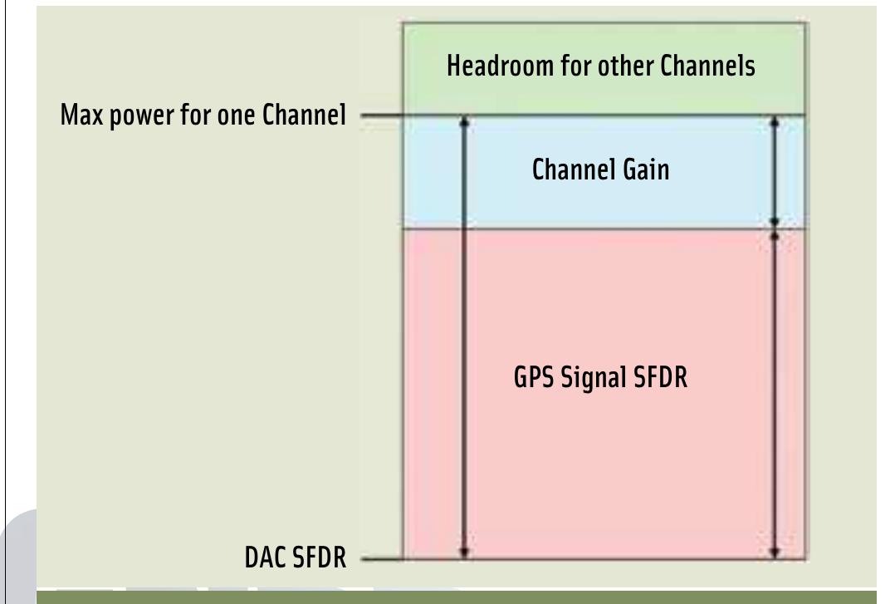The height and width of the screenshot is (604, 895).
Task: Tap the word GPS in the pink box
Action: click(529, 384)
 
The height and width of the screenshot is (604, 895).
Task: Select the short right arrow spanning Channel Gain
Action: click(775, 171)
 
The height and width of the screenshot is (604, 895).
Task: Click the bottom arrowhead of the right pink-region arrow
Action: click(775, 552)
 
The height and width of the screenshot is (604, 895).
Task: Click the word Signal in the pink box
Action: click(593, 384)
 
